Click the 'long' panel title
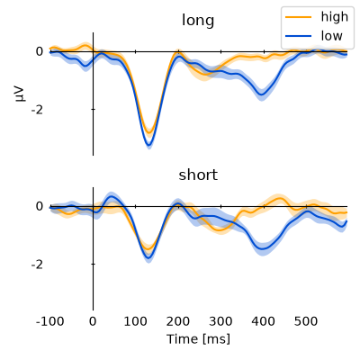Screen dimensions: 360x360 (198, 21)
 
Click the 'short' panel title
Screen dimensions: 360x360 (198, 175)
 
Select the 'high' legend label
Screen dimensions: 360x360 (335, 17)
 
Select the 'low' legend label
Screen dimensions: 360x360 (331, 36)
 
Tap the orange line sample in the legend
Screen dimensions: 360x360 (298, 17)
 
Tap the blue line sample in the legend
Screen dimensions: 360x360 (298, 36)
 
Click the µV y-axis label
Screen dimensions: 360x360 (20, 94)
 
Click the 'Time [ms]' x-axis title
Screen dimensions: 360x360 (198, 339)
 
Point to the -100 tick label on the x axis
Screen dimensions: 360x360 (49, 321)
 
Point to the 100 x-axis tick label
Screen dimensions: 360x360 (136, 321)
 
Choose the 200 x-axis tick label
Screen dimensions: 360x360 (178, 321)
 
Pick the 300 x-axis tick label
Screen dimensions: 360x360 (221, 321)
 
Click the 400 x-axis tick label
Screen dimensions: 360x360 (264, 321)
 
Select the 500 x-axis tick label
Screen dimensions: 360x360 (306, 321)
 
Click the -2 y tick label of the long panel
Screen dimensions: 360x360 (37, 110)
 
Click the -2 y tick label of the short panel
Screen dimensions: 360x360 (37, 265)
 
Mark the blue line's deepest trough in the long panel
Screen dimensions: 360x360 (148, 145)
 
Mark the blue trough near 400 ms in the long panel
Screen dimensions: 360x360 (262, 94)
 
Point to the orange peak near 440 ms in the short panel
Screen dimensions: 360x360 (280, 198)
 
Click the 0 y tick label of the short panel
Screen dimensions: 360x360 (40, 206)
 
